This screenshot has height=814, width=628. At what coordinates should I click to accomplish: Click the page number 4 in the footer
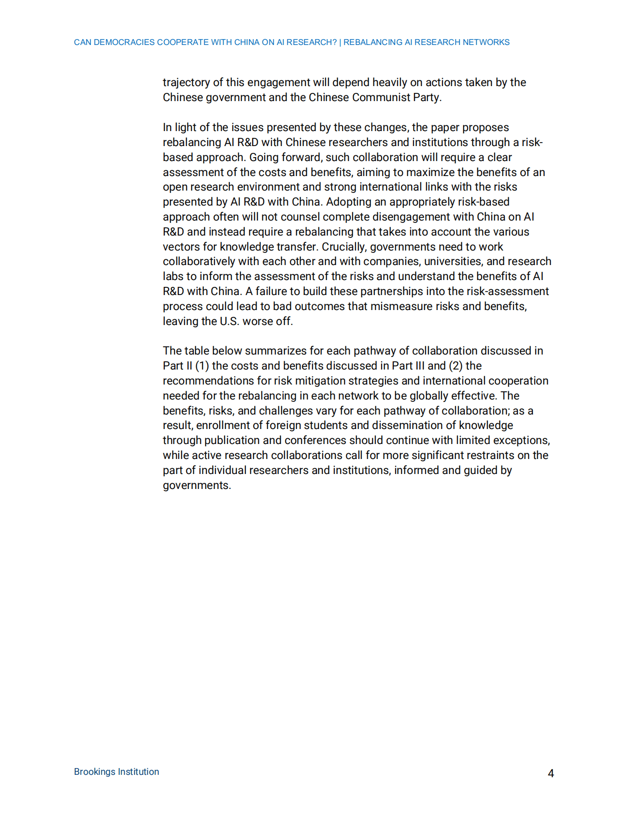551,773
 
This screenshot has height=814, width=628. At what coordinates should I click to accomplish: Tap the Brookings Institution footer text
116,771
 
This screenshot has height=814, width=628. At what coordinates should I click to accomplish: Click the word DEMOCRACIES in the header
124,42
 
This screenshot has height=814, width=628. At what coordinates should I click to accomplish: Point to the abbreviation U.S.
229,321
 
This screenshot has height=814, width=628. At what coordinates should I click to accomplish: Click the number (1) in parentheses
202,366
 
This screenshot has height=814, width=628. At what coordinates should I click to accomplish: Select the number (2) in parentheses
456,366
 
